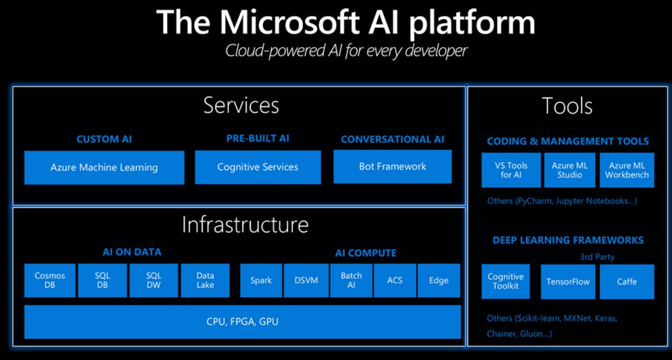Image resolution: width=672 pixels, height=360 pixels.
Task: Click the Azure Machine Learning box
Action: tap(104, 167)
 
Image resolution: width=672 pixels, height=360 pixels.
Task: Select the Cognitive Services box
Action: tap(258, 167)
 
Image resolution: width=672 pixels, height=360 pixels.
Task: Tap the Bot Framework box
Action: tap(393, 166)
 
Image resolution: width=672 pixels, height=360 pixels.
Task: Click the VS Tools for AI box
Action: tap(511, 170)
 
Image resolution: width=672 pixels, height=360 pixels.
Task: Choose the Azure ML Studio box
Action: tap(570, 170)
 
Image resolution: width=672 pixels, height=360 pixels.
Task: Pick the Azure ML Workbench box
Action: tap(627, 170)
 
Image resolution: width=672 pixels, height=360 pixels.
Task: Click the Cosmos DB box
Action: tap(50, 280)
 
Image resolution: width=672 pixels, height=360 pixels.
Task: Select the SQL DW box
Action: tap(153, 280)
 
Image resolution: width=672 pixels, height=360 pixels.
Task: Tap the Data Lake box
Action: tap(205, 280)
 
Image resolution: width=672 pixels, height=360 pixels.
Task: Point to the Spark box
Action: tap(261, 280)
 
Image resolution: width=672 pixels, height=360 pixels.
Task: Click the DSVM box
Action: tap(306, 280)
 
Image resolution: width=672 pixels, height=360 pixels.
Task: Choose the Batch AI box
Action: tap(351, 280)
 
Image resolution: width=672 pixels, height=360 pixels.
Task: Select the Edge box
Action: tap(438, 280)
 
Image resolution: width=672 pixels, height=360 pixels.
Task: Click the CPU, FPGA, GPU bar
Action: tap(242, 322)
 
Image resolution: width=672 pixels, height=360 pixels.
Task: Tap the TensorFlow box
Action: tap(568, 282)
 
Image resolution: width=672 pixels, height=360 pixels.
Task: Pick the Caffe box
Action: tap(627, 282)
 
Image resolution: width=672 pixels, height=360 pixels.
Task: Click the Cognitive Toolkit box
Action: tap(506, 282)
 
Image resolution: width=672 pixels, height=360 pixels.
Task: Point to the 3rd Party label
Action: tap(597, 257)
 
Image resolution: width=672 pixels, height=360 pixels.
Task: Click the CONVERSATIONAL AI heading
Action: tap(393, 139)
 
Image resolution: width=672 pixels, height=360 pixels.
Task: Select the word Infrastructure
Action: tap(245, 225)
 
